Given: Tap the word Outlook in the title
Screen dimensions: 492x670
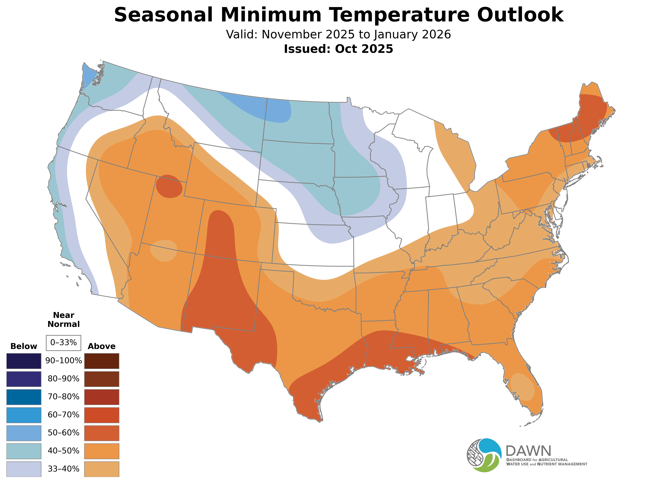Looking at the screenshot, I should point(520,15).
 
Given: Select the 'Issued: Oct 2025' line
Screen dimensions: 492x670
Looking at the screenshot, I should point(338,49).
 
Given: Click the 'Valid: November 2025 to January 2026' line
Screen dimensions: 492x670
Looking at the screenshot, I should point(338,35).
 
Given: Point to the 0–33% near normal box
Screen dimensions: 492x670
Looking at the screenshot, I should point(63,343).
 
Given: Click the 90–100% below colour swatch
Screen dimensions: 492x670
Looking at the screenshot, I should point(24,361).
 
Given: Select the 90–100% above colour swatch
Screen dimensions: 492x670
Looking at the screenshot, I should point(102,361).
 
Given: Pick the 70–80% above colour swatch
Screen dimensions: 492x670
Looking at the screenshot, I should point(102,397).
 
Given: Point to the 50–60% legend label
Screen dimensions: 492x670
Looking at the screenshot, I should point(63,433).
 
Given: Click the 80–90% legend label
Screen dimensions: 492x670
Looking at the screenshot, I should point(63,379).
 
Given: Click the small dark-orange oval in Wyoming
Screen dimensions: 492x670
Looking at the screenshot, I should point(169,186).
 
